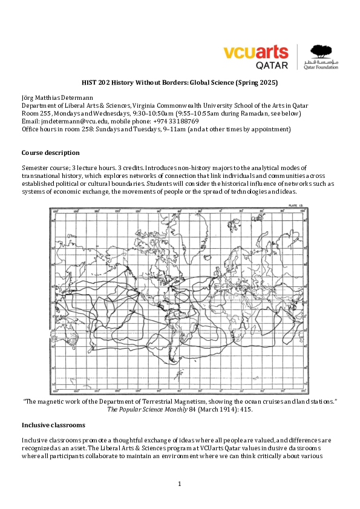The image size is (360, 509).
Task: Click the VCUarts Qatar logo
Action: (257, 57)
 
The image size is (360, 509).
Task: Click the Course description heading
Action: (50, 153)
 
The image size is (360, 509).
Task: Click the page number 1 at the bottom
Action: (180, 484)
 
